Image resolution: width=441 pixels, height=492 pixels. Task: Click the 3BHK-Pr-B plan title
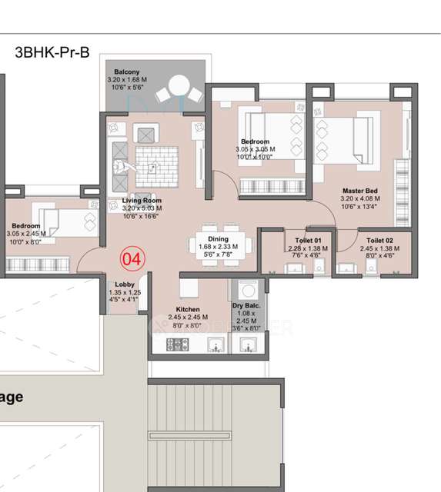[52, 52]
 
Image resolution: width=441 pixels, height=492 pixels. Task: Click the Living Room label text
[141, 200]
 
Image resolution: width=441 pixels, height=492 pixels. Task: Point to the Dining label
[219, 238]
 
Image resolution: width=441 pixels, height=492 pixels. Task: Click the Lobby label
[124, 284]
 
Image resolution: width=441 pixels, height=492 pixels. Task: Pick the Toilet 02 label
[380, 241]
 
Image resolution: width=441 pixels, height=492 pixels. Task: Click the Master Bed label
[360, 189]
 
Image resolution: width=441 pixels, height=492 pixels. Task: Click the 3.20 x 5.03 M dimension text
[141, 208]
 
